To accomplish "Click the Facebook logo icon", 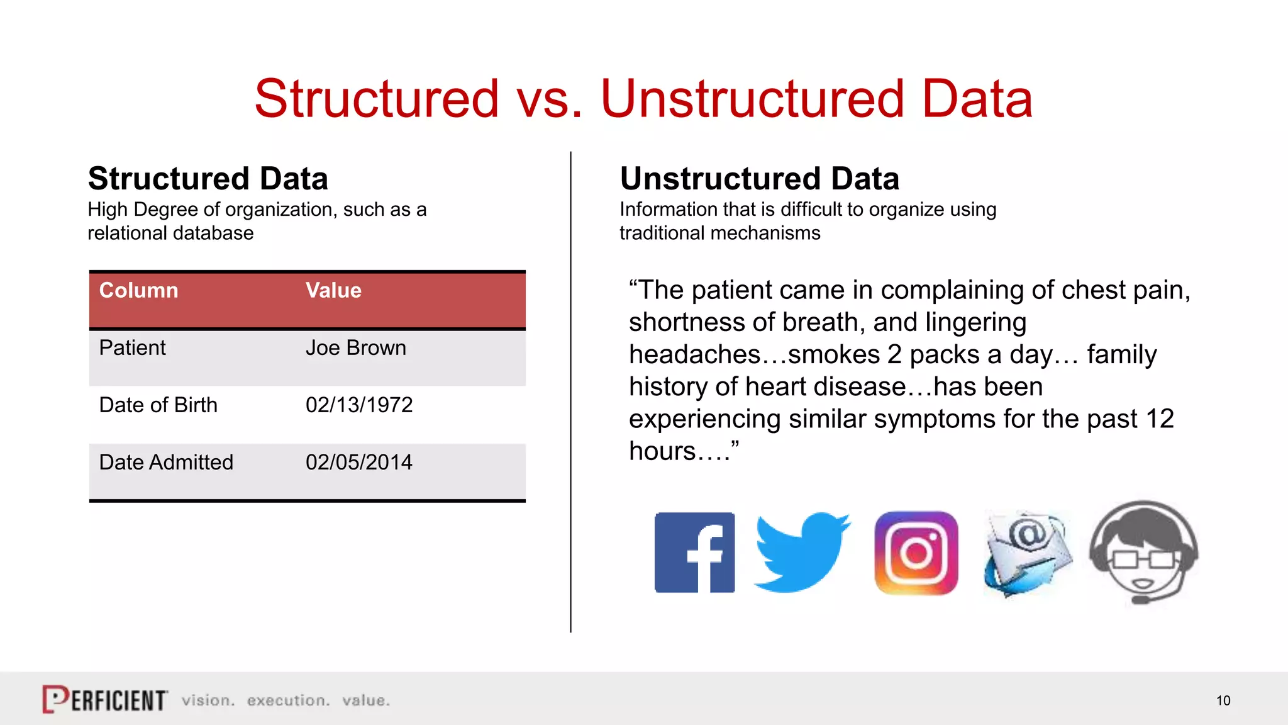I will tap(694, 553).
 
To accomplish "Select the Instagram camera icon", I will tap(916, 553).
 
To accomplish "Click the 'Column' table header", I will tap(138, 290).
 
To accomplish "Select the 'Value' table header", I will tap(333, 290).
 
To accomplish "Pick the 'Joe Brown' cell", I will tap(356, 348).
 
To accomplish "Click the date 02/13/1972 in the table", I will tap(359, 405).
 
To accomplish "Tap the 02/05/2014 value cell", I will tap(359, 463).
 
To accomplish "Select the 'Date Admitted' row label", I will tap(166, 463).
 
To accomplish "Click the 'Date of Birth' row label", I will tap(158, 405).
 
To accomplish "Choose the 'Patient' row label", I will tap(133, 348).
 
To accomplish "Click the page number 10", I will tap(1223, 700).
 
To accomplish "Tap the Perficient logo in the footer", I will tap(105, 699).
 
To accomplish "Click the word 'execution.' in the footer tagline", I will tap(288, 700).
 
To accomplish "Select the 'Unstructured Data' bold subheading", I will tap(759, 179).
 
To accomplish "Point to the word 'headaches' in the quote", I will tap(694, 355).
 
